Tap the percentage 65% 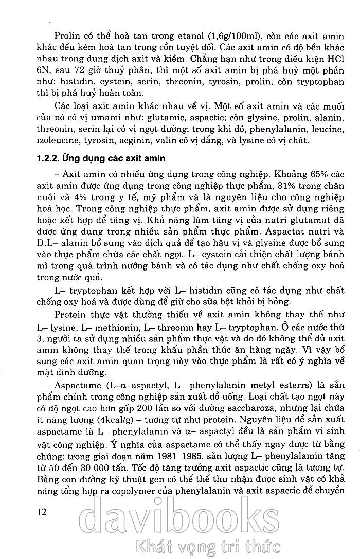coord(302,173)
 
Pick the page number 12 coord(39,512)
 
